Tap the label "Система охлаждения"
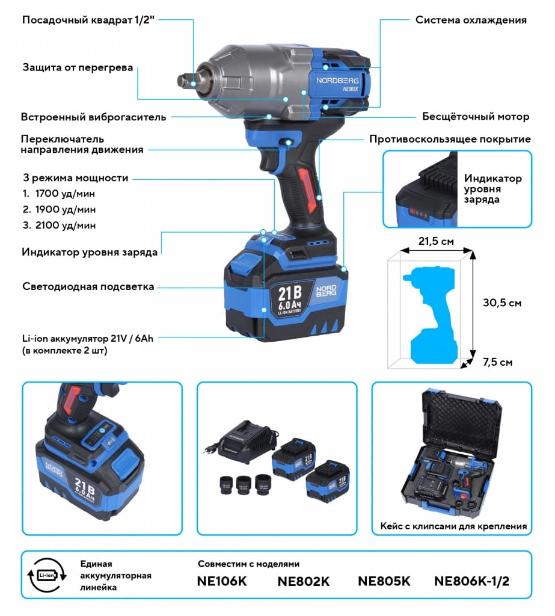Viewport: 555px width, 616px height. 471,20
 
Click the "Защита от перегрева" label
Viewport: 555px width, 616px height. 78,67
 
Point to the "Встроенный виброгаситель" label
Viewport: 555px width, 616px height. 93,117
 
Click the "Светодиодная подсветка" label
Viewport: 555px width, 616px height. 88,286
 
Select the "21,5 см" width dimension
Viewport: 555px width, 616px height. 437,241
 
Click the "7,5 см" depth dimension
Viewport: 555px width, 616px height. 498,362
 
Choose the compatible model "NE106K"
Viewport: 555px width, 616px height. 222,582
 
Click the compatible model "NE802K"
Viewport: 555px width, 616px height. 304,582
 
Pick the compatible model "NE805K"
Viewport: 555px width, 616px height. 384,582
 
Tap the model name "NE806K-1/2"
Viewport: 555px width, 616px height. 471,582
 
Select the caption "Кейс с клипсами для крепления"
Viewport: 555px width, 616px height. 453,526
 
